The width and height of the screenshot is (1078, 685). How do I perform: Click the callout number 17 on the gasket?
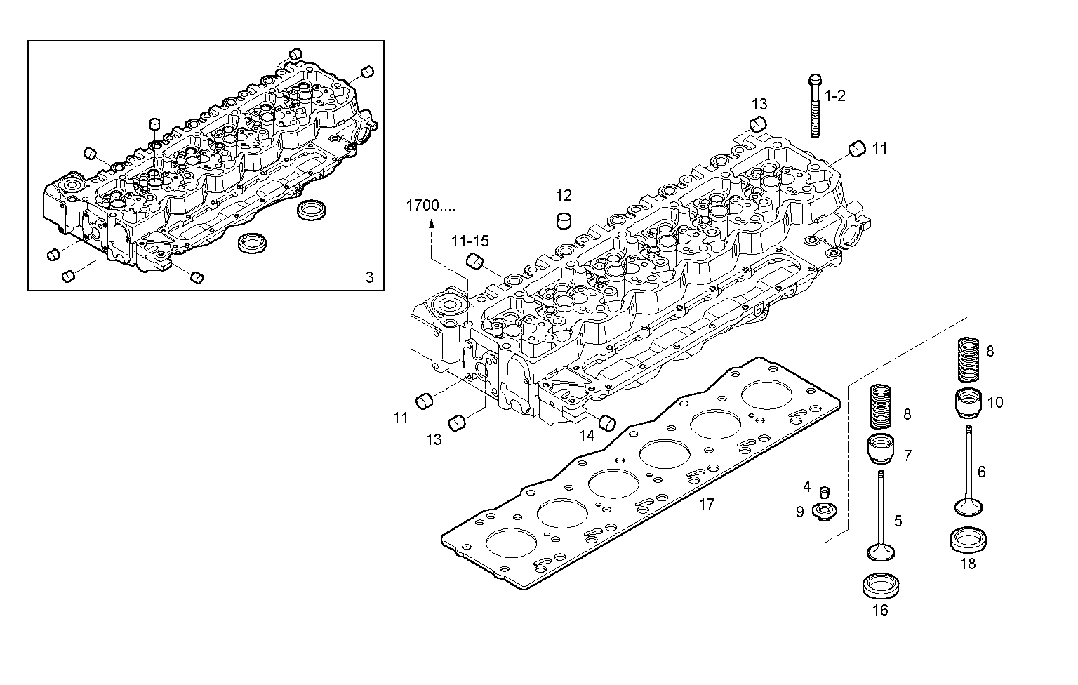pyautogui.click(x=706, y=504)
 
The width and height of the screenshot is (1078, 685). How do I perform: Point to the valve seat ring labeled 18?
pyautogui.click(x=969, y=538)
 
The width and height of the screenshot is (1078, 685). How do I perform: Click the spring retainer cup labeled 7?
pyautogui.click(x=881, y=449)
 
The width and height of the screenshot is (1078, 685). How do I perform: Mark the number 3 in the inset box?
pyautogui.click(x=370, y=277)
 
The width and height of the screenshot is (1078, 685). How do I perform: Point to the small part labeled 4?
pyautogui.click(x=825, y=490)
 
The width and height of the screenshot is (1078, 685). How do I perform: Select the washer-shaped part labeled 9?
pyautogui.click(x=823, y=512)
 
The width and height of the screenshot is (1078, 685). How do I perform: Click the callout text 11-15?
pyautogui.click(x=470, y=241)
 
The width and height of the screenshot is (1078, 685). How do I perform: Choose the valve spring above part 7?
pyautogui.click(x=881, y=406)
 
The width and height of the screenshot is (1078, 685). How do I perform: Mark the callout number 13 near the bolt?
pyautogui.click(x=759, y=105)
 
